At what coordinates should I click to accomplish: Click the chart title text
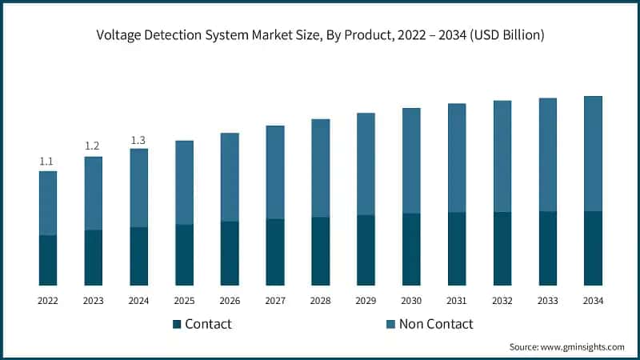(x=320, y=34)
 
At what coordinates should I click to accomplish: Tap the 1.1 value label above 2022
(x=47, y=162)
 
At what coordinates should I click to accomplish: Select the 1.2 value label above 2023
(x=93, y=146)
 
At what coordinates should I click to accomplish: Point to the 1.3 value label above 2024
(x=138, y=140)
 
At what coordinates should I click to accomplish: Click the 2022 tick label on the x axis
(x=47, y=301)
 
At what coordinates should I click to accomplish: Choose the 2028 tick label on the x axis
(x=320, y=301)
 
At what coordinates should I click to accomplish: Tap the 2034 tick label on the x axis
(x=593, y=301)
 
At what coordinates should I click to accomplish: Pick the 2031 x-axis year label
(x=457, y=301)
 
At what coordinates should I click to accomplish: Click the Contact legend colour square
(x=177, y=324)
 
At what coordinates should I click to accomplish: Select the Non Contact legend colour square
(x=391, y=324)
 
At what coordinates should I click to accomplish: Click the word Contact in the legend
(x=208, y=324)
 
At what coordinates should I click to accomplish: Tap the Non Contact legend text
(x=437, y=324)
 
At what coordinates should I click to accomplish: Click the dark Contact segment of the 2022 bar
(x=47, y=260)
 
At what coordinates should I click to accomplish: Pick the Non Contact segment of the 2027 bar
(x=274, y=172)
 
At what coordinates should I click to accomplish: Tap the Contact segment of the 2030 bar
(x=411, y=249)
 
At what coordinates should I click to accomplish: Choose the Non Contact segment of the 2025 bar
(x=184, y=182)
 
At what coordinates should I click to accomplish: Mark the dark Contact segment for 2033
(x=547, y=248)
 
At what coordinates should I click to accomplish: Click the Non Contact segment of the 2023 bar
(x=93, y=193)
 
